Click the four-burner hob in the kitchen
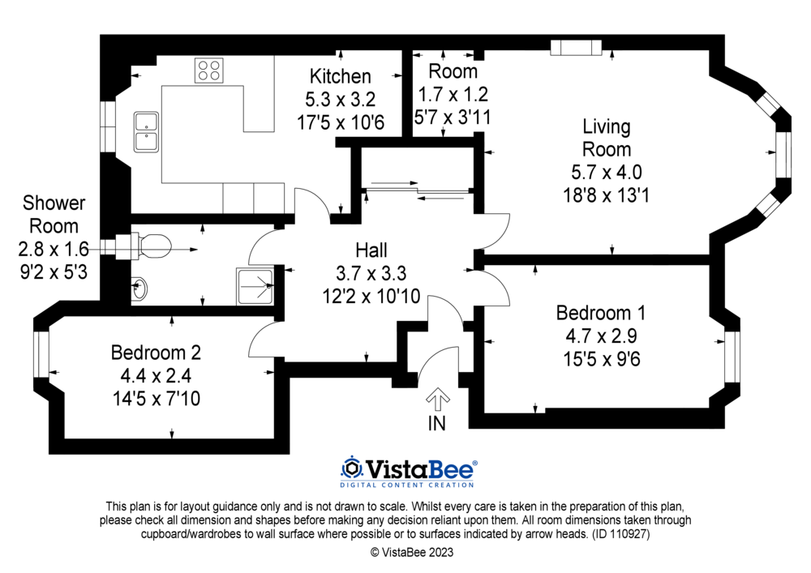tap(209, 71)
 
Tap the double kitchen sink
tap(146, 132)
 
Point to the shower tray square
tap(255, 286)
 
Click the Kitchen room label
tap(341, 76)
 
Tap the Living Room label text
tap(607, 138)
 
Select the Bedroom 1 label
tap(600, 313)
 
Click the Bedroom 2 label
tap(156, 353)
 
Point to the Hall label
tap(371, 250)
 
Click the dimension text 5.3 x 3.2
tap(341, 99)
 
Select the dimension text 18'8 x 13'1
tap(606, 195)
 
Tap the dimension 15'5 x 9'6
tap(602, 358)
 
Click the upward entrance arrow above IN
tap(438, 400)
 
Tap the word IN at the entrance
tap(436, 424)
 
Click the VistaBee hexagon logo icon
tap(352, 468)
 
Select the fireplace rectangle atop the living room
tap(576, 48)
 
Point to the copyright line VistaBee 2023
tap(412, 552)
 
